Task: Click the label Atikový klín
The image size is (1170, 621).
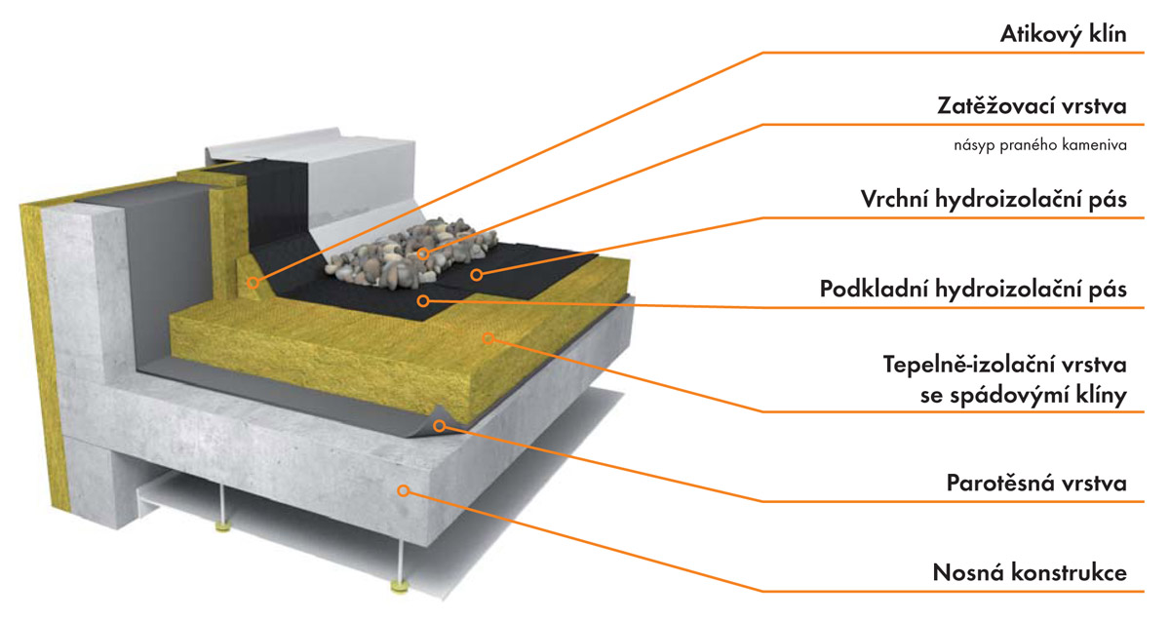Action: (1064, 35)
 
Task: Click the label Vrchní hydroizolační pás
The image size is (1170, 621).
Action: (994, 199)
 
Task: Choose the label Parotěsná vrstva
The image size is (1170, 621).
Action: (1036, 483)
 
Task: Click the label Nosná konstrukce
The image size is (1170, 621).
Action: (1030, 571)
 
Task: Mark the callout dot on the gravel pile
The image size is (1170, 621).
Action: (424, 254)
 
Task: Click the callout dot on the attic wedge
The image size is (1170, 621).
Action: (253, 284)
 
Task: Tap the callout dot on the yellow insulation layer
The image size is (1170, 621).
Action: (490, 339)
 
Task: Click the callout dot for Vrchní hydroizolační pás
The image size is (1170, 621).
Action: (477, 275)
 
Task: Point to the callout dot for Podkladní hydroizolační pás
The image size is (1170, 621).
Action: (422, 301)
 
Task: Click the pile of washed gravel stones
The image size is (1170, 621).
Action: (390, 255)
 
